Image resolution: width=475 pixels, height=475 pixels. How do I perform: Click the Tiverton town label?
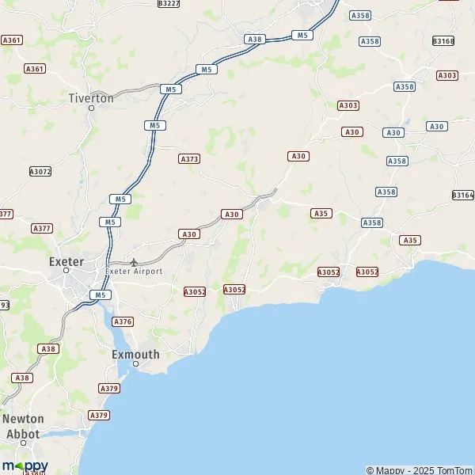pos(91,98)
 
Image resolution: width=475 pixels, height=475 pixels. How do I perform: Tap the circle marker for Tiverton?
pos(91,108)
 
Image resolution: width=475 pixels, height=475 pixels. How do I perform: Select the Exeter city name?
pos(66,261)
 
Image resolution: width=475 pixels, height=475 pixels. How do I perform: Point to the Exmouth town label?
pos(135,355)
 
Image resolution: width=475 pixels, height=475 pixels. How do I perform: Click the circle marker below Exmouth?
pos(135,364)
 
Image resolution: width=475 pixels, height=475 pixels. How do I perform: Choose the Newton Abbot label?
pos(24,426)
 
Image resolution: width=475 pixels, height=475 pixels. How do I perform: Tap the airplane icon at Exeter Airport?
pos(134,261)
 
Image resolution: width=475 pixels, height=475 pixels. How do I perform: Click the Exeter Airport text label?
pos(134,271)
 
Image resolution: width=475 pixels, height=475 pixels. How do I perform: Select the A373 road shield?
pos(189,158)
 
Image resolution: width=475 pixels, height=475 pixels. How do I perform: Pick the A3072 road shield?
pos(40,171)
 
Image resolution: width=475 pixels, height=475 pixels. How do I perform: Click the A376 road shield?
pos(123,321)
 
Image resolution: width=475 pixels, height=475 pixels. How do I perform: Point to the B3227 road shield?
pos(169,3)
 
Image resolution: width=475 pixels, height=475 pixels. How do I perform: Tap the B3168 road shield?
pos(443,40)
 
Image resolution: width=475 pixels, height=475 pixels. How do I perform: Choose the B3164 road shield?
pos(462,195)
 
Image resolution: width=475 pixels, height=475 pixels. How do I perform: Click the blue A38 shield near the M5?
pos(254,39)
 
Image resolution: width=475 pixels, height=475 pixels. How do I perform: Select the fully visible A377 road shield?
pos(42,228)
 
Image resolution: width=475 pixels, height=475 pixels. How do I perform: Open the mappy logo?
pos(25,465)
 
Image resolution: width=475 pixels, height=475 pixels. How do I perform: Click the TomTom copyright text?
pos(420,470)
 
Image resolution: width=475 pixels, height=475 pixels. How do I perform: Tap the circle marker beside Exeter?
pos(67,271)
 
